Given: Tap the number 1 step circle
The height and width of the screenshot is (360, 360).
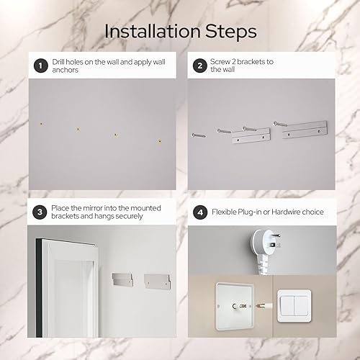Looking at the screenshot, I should (39, 66).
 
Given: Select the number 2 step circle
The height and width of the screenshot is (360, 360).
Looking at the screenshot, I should (199, 66).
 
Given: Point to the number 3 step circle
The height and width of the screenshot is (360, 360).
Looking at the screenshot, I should (39, 212).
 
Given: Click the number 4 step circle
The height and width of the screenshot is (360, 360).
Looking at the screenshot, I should (199, 212).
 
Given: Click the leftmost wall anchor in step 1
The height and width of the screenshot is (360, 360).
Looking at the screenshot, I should (42, 124).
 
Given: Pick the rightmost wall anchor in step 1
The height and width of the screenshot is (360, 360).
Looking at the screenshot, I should (159, 141).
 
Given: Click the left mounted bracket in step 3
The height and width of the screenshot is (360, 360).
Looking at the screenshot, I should (123, 279).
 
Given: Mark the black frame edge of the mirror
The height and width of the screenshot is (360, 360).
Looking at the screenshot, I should (37, 288).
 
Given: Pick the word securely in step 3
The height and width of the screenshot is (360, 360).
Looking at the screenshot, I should (145, 216).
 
